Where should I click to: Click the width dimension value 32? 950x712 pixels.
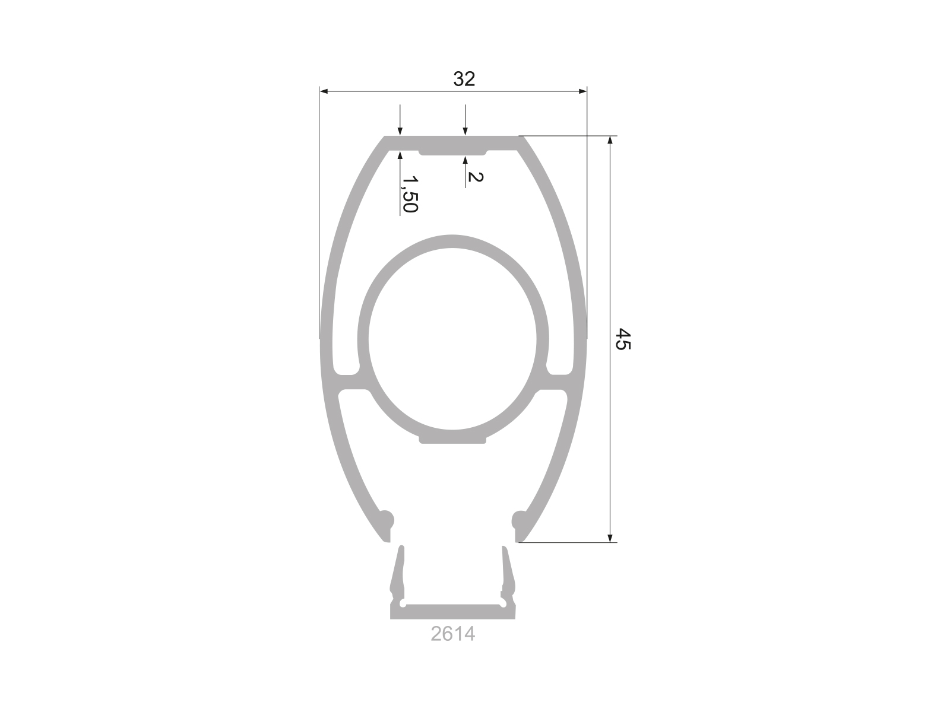point(464,79)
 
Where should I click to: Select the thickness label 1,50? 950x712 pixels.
point(409,193)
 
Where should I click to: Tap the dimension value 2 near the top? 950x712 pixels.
point(475,177)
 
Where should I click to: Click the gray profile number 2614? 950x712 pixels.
point(452,634)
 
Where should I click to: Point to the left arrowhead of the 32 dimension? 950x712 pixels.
point(324,91)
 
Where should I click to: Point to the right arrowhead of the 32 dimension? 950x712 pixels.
point(582,91)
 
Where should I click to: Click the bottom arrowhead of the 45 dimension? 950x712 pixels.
point(610,538)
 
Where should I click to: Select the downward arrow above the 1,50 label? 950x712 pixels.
point(401,131)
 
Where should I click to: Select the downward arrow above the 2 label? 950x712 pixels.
point(465,131)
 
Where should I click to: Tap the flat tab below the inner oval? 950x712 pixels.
point(453,438)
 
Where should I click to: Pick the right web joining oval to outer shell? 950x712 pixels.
point(557,383)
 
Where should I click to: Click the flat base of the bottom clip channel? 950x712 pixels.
point(452,612)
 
